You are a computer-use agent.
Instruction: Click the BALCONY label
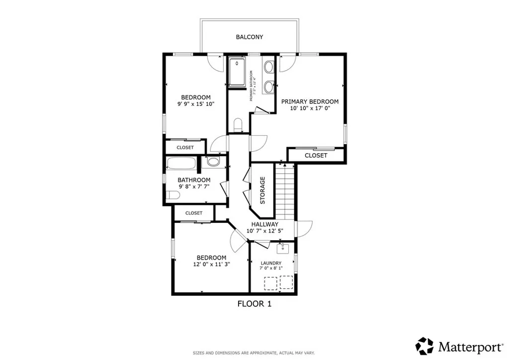click(x=250, y=37)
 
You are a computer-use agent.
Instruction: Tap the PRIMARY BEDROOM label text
click(x=310, y=101)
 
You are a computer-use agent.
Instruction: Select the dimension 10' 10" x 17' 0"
click(x=310, y=108)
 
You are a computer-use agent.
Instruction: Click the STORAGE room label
click(x=262, y=190)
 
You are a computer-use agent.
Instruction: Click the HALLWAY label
click(x=264, y=224)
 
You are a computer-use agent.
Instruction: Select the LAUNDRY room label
click(x=271, y=263)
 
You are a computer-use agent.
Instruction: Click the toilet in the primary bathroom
click(x=237, y=124)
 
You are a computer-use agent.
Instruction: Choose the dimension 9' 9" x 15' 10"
click(x=195, y=104)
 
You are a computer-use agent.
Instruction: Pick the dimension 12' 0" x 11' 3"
click(x=211, y=265)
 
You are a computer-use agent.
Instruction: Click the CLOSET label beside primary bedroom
click(x=316, y=156)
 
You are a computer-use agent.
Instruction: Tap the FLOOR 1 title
click(x=254, y=303)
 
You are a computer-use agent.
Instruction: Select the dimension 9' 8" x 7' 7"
click(x=194, y=187)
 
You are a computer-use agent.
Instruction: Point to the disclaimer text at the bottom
click(x=254, y=353)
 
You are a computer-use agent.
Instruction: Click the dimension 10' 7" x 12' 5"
click(x=264, y=231)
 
